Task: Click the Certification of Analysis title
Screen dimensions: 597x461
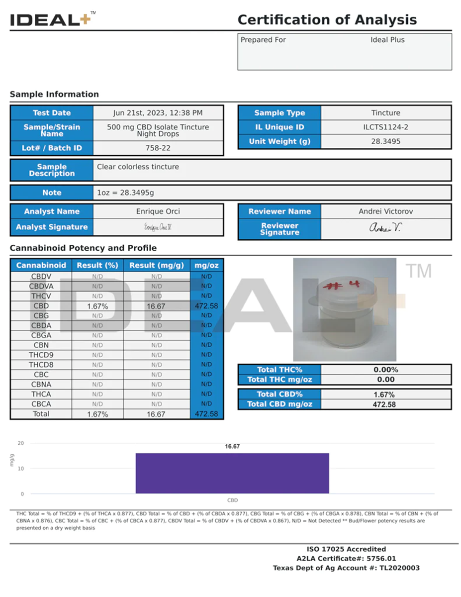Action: coord(327,20)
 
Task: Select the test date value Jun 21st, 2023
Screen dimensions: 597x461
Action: coord(158,113)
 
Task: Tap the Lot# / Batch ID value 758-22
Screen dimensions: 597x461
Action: coord(158,148)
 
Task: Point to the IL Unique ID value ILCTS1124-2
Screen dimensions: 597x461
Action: coord(385,127)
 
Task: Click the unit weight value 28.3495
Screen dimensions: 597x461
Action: coord(385,141)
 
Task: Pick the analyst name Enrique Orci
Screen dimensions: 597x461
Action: coord(158,211)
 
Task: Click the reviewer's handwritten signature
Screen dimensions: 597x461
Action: coord(385,228)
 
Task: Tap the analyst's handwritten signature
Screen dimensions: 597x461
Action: coord(157,227)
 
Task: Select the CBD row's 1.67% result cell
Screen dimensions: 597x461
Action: coord(97,306)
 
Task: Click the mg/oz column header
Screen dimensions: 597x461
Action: coord(206,266)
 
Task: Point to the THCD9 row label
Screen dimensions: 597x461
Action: coord(41,355)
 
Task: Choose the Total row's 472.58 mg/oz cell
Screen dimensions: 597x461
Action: coord(206,414)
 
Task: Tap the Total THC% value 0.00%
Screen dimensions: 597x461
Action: coord(385,370)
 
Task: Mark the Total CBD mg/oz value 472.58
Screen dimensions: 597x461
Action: coord(385,404)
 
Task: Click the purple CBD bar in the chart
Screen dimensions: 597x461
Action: coord(232,473)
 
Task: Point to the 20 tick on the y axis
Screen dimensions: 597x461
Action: coord(20,443)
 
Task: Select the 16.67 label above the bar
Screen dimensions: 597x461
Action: coord(232,447)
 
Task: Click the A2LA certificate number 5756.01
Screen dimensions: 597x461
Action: coord(380,559)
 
